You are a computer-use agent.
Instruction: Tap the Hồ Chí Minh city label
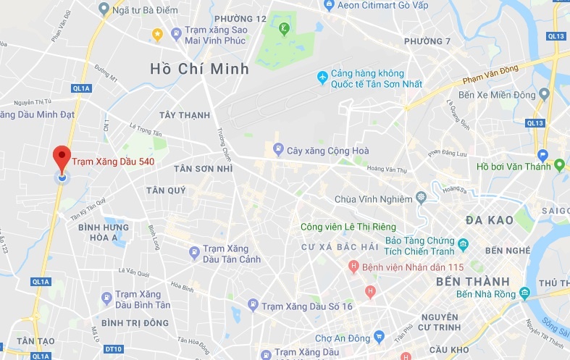(x=199, y=69)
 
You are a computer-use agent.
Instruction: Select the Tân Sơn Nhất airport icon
(x=322, y=77)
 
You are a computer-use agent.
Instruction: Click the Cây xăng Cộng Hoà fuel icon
(x=278, y=150)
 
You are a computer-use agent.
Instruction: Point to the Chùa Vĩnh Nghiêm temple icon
(x=422, y=198)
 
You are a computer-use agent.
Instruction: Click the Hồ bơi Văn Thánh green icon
(x=558, y=166)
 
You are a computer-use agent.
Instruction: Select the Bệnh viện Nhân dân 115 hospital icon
(x=353, y=267)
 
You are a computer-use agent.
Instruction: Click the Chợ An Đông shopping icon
(x=378, y=337)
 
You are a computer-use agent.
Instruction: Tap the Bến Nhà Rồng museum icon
(x=524, y=293)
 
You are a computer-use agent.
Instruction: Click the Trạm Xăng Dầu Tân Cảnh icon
(x=194, y=253)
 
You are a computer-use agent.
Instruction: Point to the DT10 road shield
(x=113, y=349)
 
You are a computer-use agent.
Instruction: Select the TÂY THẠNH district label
(x=185, y=115)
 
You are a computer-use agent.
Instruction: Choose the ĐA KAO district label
(x=490, y=220)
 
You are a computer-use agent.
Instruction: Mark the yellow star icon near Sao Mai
(x=157, y=33)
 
